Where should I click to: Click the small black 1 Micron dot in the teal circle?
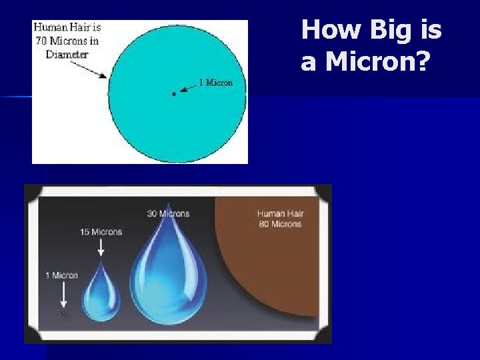(174, 95)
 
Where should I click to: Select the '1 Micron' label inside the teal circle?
(216, 83)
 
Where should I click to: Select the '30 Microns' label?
(168, 213)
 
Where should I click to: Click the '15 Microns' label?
(101, 232)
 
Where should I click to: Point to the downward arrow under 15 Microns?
(101, 247)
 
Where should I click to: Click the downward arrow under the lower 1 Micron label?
(63, 293)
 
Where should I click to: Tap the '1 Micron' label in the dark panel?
(62, 275)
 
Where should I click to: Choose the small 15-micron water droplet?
(101, 293)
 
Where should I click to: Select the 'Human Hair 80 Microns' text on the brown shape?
(280, 219)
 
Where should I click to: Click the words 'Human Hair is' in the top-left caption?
(67, 27)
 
